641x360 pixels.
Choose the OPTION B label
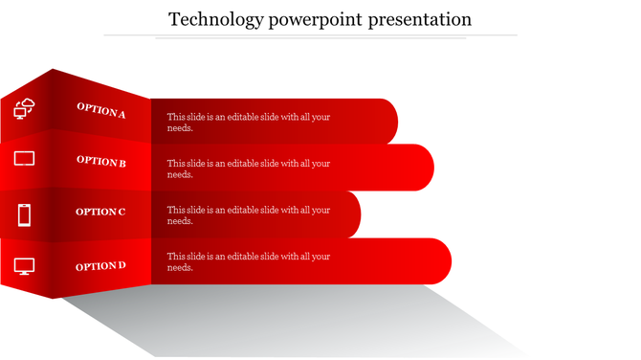101,162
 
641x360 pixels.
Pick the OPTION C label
100,212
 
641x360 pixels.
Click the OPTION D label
101,266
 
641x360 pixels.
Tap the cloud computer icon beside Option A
24,108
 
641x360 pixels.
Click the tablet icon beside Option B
24,158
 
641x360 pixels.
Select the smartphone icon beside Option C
24,214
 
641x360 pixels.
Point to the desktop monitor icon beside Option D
24,266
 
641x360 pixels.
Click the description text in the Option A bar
249,123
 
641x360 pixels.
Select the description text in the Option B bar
249,169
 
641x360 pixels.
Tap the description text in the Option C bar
249,215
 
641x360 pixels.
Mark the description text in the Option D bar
249,262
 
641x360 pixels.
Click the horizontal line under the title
310,35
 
